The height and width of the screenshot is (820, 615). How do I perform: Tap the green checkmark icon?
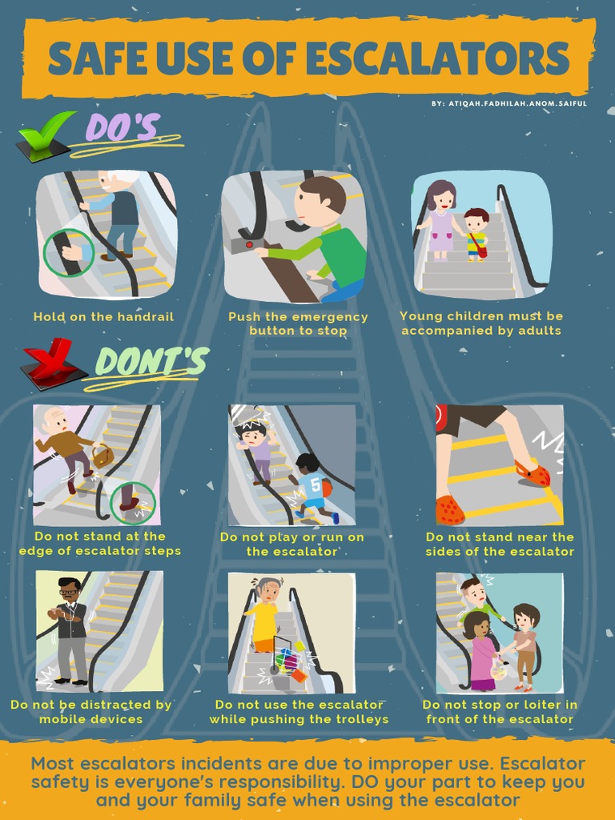46,136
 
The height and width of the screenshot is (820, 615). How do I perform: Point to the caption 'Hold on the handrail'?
103,317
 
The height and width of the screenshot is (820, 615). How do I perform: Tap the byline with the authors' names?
508,104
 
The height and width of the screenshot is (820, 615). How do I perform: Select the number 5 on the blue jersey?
314,484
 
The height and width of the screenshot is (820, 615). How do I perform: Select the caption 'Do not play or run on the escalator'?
291,545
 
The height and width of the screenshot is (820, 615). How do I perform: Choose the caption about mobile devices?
91,712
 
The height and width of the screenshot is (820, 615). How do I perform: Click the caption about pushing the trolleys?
299,712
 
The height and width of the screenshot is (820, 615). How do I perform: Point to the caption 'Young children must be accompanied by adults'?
480,324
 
